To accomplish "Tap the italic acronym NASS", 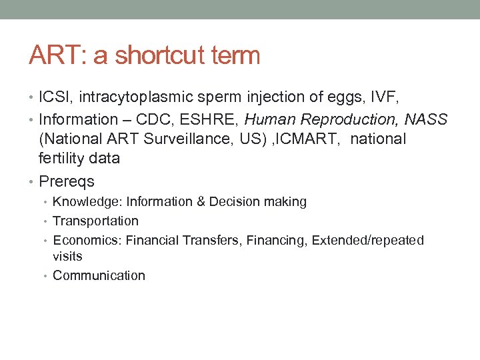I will pyautogui.click(x=426, y=119).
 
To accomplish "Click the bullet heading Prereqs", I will pyautogui.click(x=67, y=181).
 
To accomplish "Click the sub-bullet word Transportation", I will pyautogui.click(x=95, y=221).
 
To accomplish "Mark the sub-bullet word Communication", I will pyautogui.click(x=99, y=275).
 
